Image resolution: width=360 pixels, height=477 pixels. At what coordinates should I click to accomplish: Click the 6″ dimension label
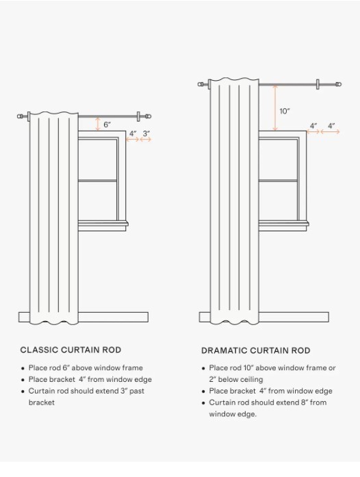tap(107, 125)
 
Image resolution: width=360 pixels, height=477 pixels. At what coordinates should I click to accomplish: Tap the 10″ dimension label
tap(285, 111)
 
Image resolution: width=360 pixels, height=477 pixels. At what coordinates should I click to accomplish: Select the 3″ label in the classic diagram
tap(146, 133)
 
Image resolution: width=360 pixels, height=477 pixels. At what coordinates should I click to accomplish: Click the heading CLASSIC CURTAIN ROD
tap(70, 350)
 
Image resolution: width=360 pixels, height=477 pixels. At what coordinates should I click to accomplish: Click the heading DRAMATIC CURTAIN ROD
tap(255, 350)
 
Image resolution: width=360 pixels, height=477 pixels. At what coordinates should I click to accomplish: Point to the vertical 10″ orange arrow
tap(275, 108)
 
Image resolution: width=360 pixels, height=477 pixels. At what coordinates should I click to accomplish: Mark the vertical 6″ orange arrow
tap(98, 124)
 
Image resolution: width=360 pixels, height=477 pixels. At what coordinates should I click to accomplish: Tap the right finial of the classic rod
tap(149, 116)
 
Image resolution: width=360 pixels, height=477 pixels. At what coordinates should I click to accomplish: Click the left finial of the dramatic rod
tap(201, 84)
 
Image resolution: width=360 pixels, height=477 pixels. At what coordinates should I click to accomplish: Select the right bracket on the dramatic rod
tap(318, 84)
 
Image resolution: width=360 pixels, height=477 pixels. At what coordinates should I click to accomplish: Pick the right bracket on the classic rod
tap(138, 116)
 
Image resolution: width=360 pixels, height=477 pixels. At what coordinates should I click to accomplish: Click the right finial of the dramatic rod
tap(339, 84)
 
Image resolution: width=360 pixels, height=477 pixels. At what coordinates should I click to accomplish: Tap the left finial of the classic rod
tap(20, 116)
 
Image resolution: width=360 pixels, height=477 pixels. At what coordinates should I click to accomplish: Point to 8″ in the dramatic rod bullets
tap(305, 402)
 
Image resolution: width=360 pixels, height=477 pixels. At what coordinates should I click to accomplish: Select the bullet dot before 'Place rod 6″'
tap(23, 368)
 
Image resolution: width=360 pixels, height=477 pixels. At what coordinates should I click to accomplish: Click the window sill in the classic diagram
tap(103, 224)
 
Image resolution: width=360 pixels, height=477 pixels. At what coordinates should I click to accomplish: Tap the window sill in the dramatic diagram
tap(283, 224)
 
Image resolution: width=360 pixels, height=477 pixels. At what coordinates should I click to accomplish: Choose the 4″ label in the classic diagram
tap(133, 133)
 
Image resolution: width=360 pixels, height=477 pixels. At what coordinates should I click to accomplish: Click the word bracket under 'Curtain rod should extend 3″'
tap(41, 402)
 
